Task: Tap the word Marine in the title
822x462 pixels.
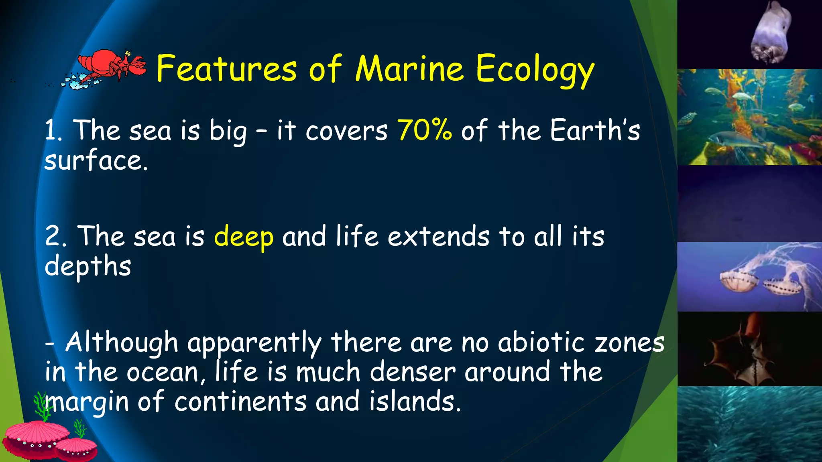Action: pos(409,69)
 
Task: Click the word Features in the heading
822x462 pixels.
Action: pos(227,69)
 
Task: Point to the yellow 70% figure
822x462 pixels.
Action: pos(425,130)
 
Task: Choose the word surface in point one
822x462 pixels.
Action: pos(96,160)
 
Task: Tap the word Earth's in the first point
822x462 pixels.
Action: pos(595,130)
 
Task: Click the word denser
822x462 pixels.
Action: pos(413,372)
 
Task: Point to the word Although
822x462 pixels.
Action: pos(122,343)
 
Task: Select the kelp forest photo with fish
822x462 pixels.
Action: pos(749,117)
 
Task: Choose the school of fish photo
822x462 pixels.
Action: pos(749,424)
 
